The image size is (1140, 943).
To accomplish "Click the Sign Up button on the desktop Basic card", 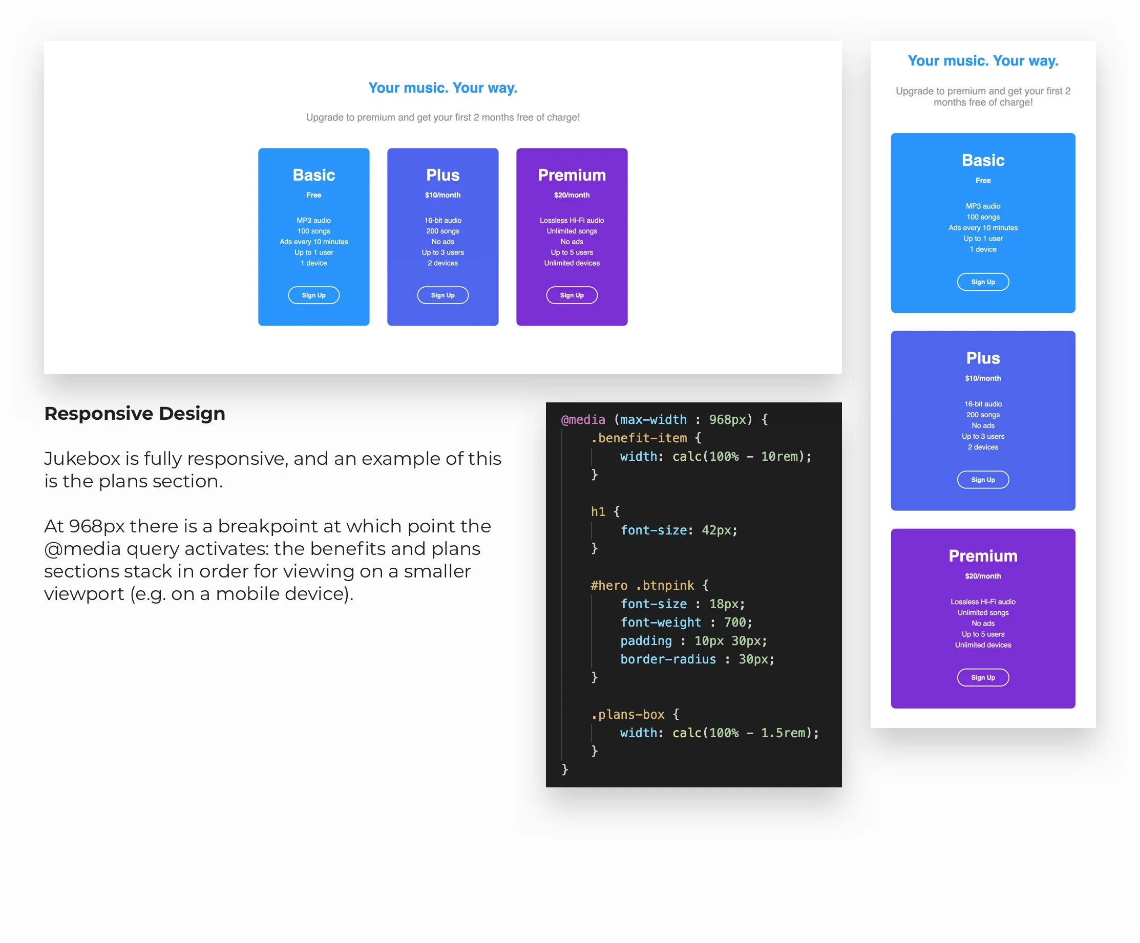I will point(314,295).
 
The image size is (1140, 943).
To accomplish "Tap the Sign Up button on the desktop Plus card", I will point(442,295).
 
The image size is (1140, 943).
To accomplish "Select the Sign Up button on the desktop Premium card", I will point(572,295).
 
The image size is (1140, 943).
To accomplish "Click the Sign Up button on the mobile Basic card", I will point(983,282).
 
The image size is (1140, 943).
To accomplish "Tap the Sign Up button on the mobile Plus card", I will point(983,480).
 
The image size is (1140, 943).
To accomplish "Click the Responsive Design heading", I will point(135,414).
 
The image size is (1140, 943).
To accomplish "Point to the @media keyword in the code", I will point(582,419).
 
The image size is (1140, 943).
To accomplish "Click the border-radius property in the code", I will point(668,659).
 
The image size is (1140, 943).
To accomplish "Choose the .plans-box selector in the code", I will point(627,715).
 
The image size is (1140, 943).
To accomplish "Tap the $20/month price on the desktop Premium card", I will point(572,195).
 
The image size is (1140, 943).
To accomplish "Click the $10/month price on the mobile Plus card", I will point(983,378).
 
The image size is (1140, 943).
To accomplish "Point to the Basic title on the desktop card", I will point(314,175).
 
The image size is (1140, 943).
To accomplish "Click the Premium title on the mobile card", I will point(983,555).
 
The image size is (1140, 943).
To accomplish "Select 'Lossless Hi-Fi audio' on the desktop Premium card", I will point(572,220).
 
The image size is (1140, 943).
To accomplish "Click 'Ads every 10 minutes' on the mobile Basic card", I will point(983,228).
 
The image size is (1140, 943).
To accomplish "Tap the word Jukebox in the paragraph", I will point(82,459).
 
